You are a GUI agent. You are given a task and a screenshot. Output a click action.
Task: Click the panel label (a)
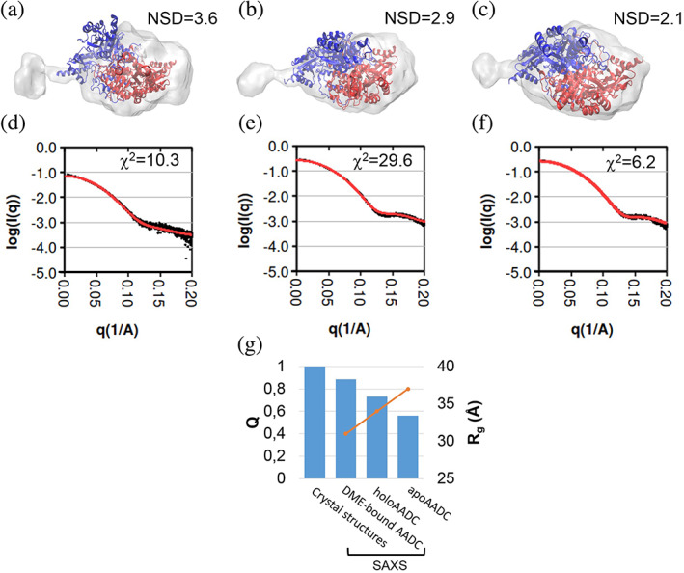tap(21, 13)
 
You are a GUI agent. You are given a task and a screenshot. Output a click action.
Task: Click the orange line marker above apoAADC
tap(408, 389)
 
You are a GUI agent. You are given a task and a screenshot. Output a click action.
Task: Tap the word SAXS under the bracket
tap(385, 562)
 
